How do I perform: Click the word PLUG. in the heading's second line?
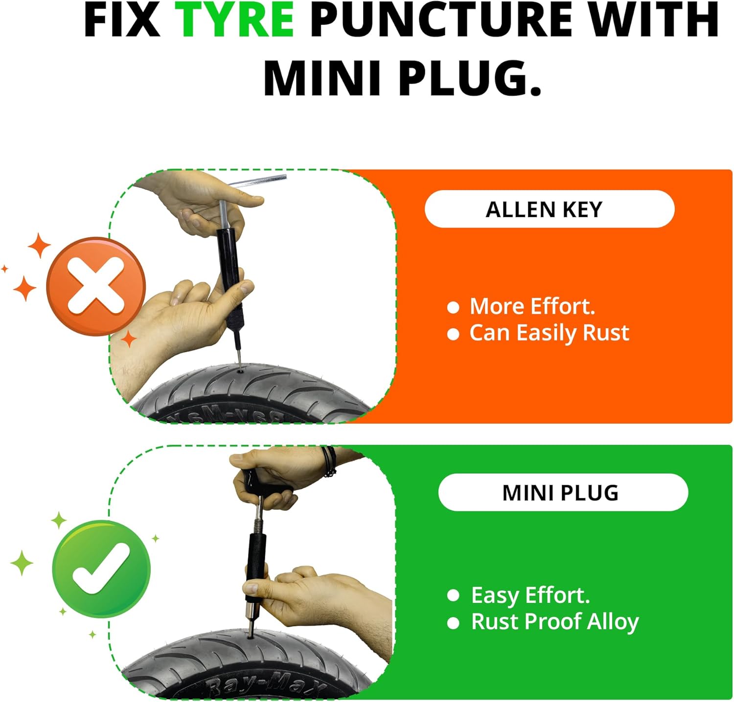[470, 78]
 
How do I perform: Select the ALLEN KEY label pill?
[550, 209]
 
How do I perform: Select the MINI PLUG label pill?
[563, 493]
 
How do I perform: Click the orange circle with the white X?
[96, 286]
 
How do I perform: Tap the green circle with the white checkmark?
[101, 569]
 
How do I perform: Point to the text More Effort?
[532, 306]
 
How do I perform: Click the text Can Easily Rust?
[549, 333]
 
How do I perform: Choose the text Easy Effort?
[530, 595]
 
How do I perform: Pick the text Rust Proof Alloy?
[555, 622]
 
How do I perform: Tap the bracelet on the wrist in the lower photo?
[329, 461]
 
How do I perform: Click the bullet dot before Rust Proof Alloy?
[454, 623]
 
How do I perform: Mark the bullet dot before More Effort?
[454, 307]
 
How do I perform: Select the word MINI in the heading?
[323, 78]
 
